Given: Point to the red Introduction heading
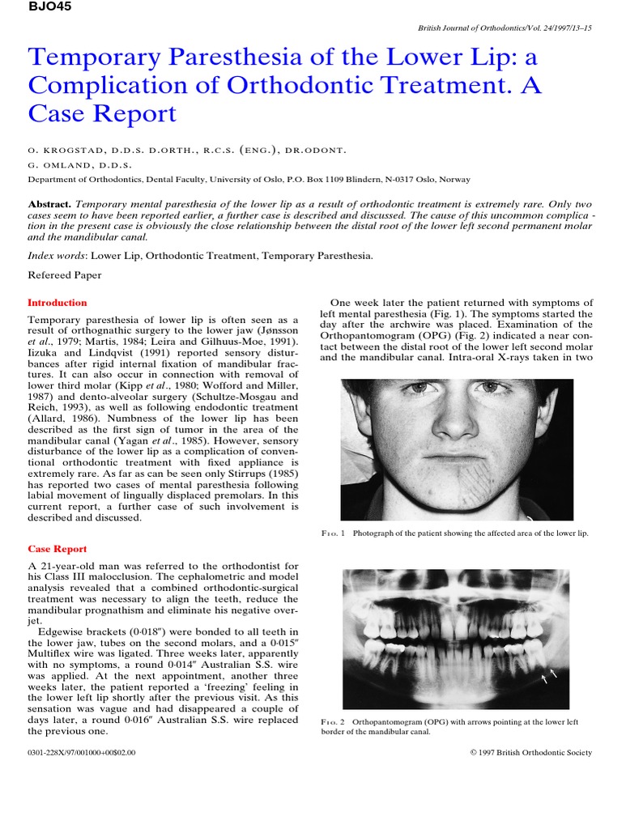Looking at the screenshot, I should [x=58, y=303].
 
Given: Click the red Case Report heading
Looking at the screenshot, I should [x=58, y=549].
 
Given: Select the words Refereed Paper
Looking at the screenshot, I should [x=65, y=275].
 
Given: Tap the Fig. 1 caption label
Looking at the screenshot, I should [x=334, y=534].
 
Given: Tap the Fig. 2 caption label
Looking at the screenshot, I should [x=334, y=720].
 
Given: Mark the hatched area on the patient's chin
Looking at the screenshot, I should [x=484, y=481].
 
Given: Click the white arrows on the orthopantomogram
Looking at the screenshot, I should [x=549, y=675].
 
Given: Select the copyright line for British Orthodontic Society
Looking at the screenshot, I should [x=530, y=753].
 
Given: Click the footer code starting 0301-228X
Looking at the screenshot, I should [x=82, y=753].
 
